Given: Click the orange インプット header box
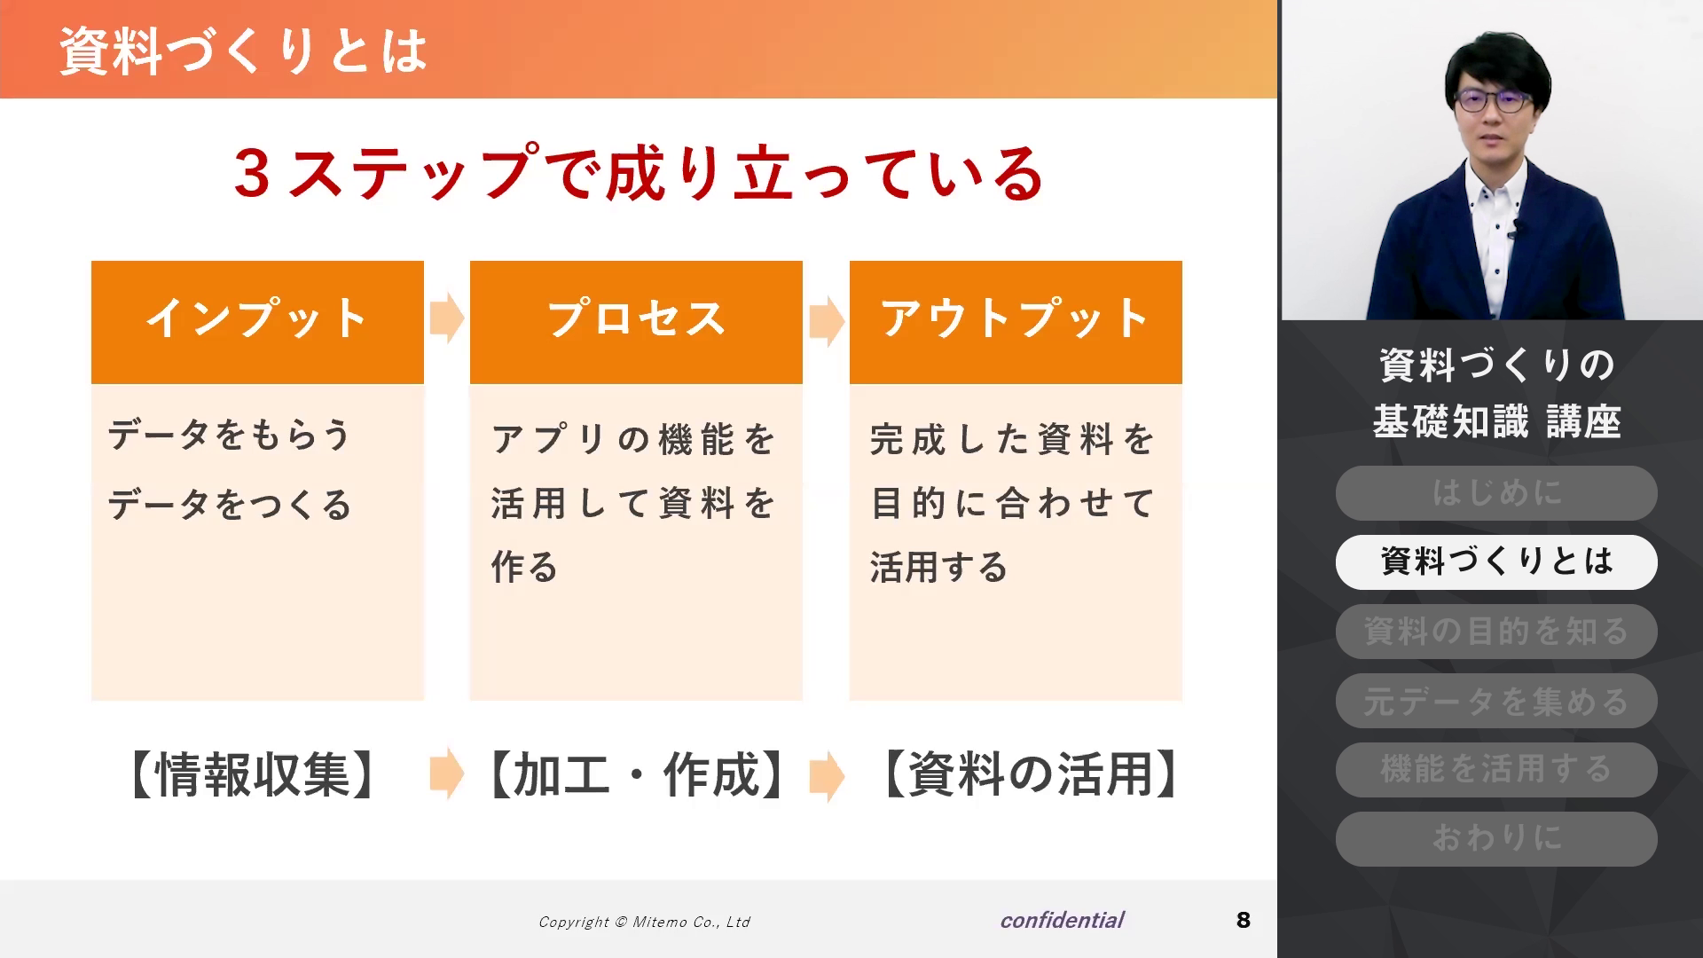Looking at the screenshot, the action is coord(257,322).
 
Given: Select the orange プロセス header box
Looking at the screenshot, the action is coord(636,322).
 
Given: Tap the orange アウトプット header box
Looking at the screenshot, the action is coord(1016,322).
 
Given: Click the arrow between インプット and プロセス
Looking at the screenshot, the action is coord(447,318).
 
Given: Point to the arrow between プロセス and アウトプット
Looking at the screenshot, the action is coord(827,318).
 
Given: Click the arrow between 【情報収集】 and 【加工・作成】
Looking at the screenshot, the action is coord(447,774).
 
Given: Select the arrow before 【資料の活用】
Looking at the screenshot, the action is coord(827,776).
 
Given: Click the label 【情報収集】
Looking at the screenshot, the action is coord(253,774).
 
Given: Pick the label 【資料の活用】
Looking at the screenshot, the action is coord(1030,774).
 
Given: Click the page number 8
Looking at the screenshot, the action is coord(1244,920).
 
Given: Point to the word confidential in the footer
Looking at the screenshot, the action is coord(1062,920).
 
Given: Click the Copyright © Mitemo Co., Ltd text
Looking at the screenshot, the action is coord(644,922).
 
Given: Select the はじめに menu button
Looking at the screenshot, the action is coord(1496,493).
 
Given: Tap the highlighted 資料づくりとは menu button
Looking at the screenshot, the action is coord(1496,562).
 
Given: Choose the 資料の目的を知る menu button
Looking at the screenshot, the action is coord(1496,632).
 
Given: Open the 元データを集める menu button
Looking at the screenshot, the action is coord(1496,701).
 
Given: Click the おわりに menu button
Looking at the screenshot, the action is coord(1496,839).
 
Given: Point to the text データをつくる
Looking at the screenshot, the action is coord(230,506).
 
